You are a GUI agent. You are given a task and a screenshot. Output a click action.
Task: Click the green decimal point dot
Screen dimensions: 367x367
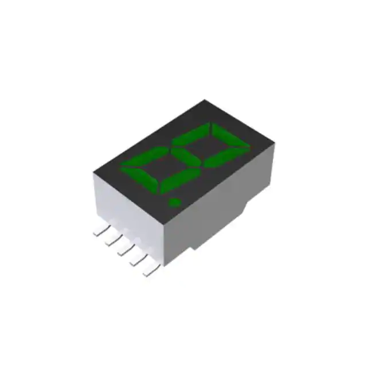pos(174,201)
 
